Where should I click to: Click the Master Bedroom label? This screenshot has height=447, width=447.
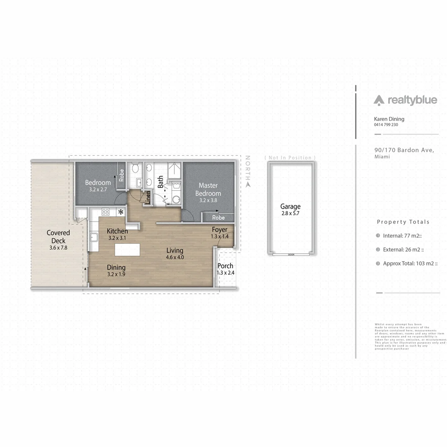pos(208,189)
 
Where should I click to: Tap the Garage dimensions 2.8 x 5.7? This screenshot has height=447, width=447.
pos(290,214)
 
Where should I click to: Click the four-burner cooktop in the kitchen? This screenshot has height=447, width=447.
pos(106,211)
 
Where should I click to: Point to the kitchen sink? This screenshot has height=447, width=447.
pos(94,238)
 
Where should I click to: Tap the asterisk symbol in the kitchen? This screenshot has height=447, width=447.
pos(121,212)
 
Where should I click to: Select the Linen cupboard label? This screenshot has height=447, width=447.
pos(148,198)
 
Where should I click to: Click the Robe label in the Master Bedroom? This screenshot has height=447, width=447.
pos(218,218)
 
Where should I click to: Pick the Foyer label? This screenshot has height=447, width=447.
pos(219,230)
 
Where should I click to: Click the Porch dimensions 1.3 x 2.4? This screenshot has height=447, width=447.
pos(225,273)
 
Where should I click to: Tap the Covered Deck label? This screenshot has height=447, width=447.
pos(58,237)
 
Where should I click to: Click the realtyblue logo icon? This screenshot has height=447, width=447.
pos(379,100)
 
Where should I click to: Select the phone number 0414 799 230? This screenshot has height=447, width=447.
pos(386,125)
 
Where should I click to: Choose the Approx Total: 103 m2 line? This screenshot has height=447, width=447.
pos(410,263)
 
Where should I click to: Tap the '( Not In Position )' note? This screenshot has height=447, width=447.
pos(290,158)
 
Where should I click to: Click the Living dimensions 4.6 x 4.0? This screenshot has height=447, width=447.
pos(175,257)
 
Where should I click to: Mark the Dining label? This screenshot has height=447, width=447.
pos(116,267)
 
